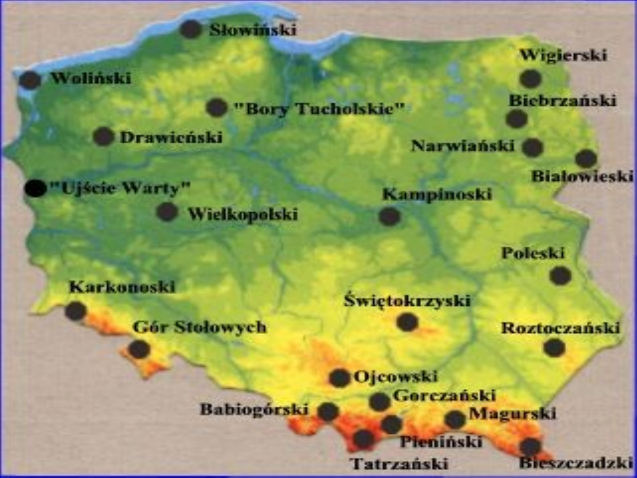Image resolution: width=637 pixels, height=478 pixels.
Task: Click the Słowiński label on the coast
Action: point(252,30)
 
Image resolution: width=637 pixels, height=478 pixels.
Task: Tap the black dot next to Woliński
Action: point(30,80)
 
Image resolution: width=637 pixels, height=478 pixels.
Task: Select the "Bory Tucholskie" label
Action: point(319,109)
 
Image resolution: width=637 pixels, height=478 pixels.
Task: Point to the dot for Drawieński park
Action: point(104,136)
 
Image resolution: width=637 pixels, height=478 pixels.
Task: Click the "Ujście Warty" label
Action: point(120,189)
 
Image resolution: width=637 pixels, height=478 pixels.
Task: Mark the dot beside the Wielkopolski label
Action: point(167,212)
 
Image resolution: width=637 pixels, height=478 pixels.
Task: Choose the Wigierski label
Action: point(563,56)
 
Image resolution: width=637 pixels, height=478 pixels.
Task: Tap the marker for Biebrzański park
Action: point(517,119)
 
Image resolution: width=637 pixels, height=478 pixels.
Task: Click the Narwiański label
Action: point(462,146)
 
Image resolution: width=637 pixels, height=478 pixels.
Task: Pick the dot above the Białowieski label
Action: point(586,158)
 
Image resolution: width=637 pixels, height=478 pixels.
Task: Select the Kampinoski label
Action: point(436,194)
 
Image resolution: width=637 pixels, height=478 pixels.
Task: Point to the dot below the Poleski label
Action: point(560,276)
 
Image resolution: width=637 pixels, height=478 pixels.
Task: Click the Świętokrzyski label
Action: point(407,301)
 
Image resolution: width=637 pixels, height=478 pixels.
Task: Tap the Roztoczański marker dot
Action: point(554,348)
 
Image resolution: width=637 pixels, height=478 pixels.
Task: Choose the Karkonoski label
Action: point(122,287)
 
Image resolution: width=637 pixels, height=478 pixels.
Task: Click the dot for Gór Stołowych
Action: point(139,349)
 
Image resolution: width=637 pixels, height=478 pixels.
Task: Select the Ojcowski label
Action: point(395,376)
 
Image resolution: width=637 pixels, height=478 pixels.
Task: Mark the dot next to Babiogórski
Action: point(329,411)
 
